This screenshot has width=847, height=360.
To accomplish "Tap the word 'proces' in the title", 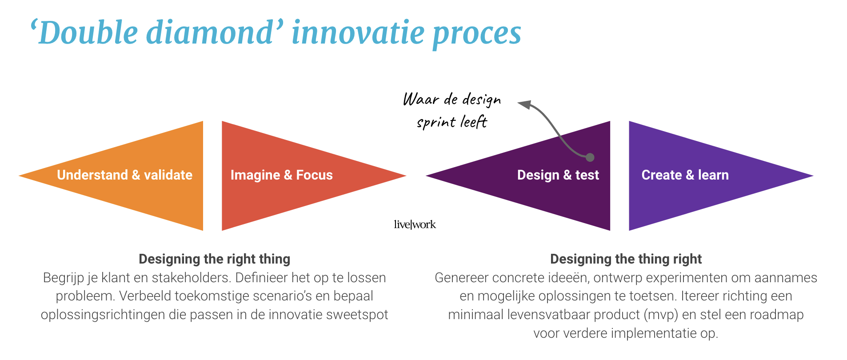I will [476, 34].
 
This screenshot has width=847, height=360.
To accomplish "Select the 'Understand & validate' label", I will [124, 175].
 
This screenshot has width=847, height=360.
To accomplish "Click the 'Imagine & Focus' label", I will [281, 175].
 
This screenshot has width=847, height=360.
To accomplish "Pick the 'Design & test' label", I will [558, 175].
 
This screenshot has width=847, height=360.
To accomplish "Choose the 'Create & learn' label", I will [685, 175].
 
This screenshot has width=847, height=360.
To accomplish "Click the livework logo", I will [415, 224].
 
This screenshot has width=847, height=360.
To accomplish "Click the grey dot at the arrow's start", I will [590, 157].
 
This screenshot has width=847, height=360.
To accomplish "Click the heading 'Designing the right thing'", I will [214, 259].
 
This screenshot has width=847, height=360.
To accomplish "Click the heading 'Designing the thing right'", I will [626, 259].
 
